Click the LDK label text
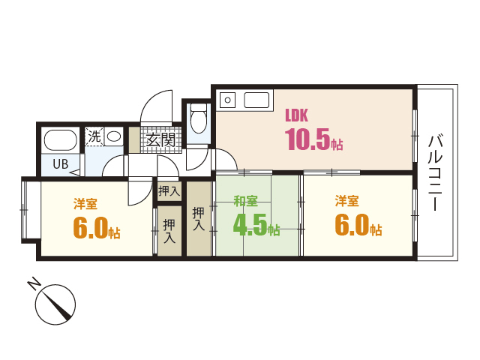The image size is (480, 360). (x=296, y=115)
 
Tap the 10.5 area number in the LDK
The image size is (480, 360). (x=307, y=139)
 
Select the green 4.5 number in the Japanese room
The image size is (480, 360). (x=250, y=225)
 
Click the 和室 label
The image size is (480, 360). (x=245, y=201)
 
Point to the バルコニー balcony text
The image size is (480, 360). (x=435, y=172)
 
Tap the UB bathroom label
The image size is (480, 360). (x=61, y=164)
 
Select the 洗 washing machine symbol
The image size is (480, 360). (x=94, y=136)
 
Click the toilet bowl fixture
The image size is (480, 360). (x=198, y=118)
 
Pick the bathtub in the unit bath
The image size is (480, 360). (x=60, y=140)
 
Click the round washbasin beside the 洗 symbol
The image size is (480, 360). (x=114, y=136)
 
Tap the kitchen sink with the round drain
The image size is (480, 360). (x=227, y=100)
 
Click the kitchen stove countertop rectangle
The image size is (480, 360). (x=256, y=100)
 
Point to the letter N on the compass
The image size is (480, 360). (x=34, y=283)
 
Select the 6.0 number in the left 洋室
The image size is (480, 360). (x=91, y=227)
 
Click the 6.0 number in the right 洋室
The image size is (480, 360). (x=352, y=225)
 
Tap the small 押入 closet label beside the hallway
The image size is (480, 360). (x=169, y=191)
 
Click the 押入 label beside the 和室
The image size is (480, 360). (x=198, y=218)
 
